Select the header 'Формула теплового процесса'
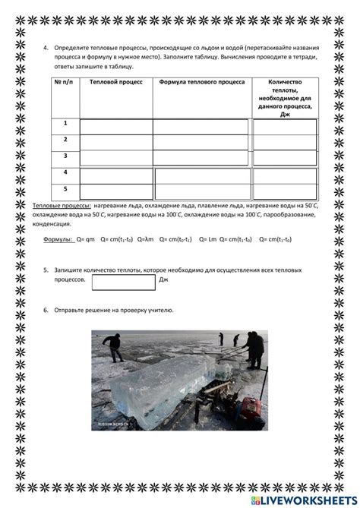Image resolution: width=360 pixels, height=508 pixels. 201,80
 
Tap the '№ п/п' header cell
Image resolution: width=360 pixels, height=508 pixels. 65,80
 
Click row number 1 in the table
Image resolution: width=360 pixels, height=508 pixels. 65,123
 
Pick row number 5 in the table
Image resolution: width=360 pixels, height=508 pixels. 65,188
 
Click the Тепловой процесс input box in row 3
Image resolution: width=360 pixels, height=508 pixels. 115,158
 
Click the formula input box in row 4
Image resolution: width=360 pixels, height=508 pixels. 201,175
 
